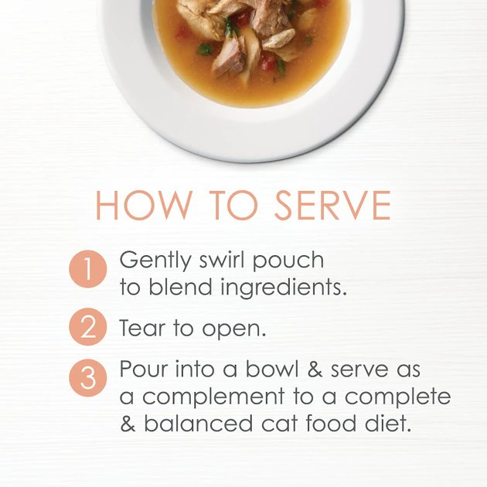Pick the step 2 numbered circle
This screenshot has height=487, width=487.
coord(87,328)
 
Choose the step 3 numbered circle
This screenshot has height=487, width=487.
coord(87,379)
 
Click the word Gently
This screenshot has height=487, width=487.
coord(152,261)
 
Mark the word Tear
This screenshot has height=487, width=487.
coord(141,328)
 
